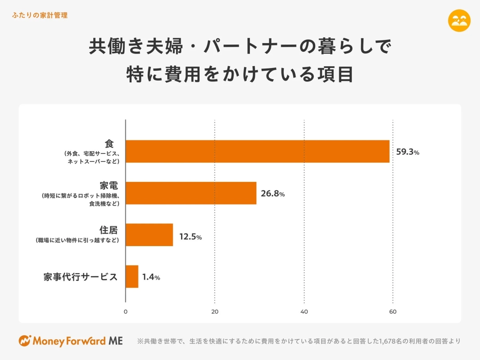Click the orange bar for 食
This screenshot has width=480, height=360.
pos(257,151)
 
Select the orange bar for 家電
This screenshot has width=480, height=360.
pos(191,193)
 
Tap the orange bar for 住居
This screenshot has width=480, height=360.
pos(149,234)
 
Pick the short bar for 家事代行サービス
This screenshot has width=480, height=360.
pos(132,276)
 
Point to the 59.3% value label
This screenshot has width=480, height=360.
pos(408,152)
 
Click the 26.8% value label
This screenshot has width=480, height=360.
pos(273,194)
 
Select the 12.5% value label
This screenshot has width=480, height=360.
pos(190,237)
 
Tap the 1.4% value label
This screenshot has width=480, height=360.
pos(151,278)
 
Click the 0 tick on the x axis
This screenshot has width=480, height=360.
pos(126,312)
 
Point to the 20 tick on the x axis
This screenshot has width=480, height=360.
pos(215,312)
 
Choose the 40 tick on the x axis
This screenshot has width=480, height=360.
pos(304,312)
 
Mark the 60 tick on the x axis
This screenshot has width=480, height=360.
pos(393,312)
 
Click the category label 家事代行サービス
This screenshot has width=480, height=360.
pos(81,277)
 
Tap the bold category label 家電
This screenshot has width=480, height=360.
pos(109,185)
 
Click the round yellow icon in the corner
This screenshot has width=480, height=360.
pos(459,21)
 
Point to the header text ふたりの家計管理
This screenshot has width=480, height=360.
pos(40,15)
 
